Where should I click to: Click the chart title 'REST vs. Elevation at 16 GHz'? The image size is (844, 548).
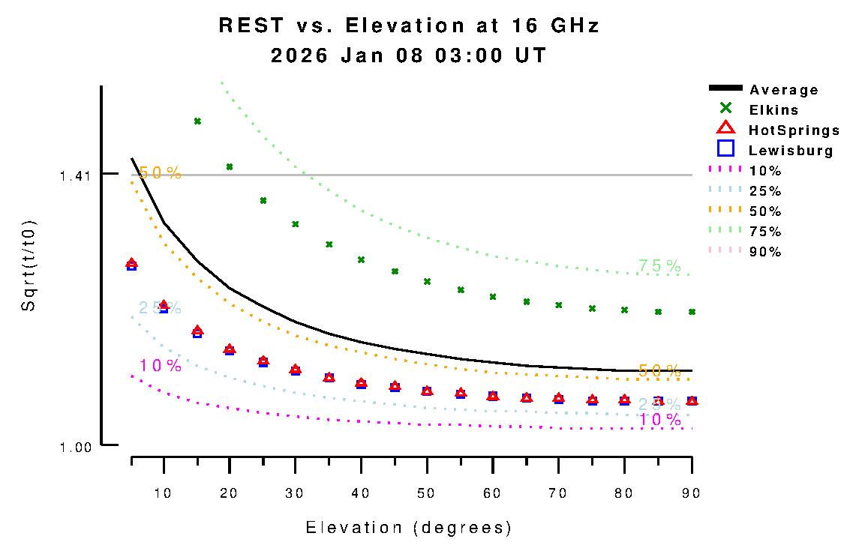point(409,25)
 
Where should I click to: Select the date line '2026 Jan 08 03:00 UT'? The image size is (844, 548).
point(409,55)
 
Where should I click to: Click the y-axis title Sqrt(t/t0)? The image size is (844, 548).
point(29,267)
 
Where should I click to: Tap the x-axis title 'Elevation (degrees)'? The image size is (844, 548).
point(409,528)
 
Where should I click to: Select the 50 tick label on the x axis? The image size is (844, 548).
point(427,493)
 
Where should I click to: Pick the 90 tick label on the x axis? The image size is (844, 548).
point(691,493)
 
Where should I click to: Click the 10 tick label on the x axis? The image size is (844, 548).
point(164,493)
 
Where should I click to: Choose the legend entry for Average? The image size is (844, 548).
point(784,90)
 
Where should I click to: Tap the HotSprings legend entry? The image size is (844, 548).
point(794,130)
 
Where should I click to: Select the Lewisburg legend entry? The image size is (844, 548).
point(791,151)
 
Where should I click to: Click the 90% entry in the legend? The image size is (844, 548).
point(765,252)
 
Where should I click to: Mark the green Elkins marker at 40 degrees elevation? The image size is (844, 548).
point(361,259)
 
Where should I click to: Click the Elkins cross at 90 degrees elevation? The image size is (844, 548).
point(692,311)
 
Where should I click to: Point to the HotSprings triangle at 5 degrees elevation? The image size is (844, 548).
point(132,263)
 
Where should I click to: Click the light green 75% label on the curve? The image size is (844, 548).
point(659,266)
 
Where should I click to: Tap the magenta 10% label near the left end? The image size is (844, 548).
point(160,366)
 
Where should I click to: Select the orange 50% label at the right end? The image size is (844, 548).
point(659,370)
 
